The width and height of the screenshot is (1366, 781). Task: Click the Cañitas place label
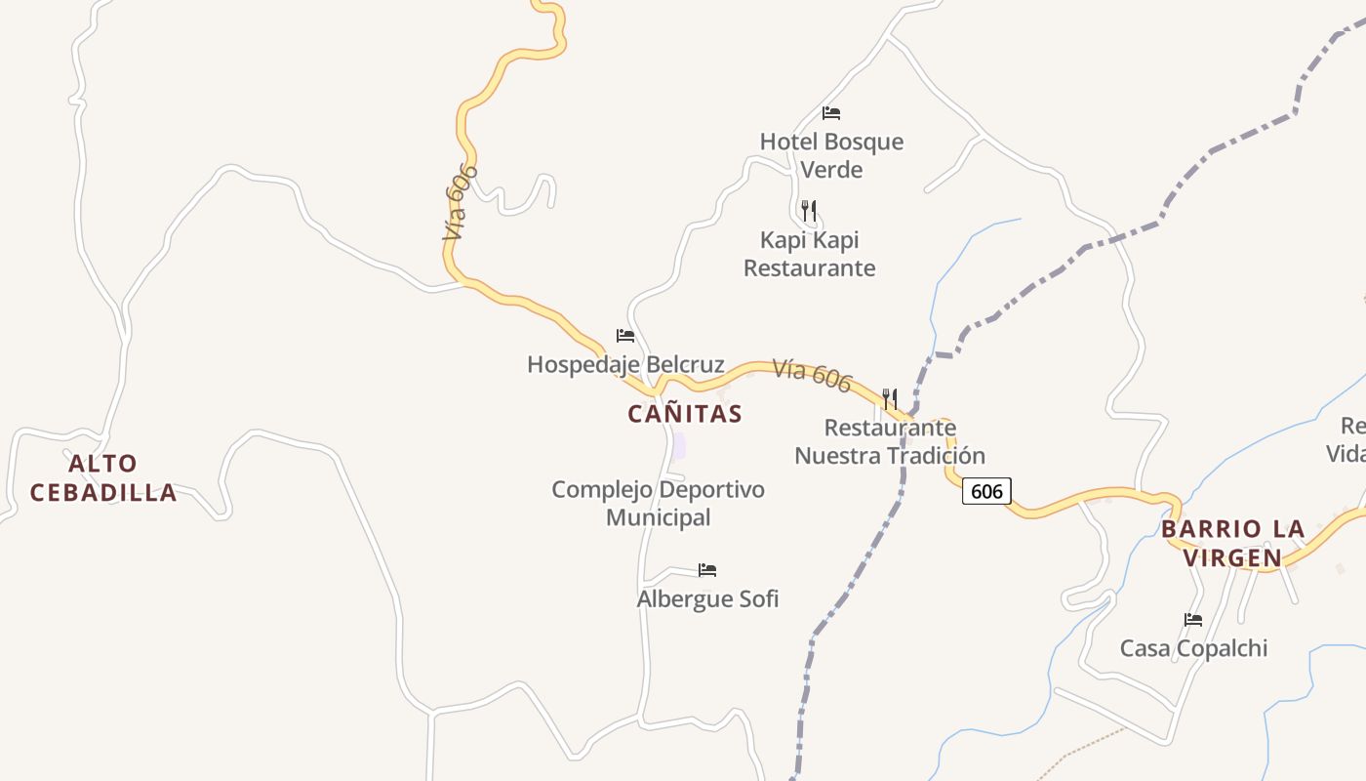[685, 414]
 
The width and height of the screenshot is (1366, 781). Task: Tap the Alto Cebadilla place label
[103, 477]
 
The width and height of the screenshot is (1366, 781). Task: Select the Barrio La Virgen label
[1232, 544]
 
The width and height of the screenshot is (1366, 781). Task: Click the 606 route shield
[986, 491]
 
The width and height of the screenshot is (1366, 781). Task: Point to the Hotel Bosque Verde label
[831, 155]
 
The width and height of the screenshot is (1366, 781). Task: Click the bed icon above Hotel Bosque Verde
[831, 113]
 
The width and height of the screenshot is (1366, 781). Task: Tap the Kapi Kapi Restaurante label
[809, 254]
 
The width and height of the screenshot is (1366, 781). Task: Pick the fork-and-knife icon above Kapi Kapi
[808, 210]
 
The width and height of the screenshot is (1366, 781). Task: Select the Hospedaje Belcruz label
[625, 365]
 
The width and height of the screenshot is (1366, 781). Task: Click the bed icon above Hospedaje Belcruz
[625, 336]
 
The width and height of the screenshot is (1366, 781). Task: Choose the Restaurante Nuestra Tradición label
[890, 441]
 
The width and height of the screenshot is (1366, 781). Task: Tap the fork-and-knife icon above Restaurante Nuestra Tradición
[890, 398]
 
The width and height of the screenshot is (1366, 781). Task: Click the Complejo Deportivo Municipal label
[658, 503]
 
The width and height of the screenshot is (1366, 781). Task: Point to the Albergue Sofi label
[707, 598]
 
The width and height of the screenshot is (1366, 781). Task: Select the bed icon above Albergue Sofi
[707, 569]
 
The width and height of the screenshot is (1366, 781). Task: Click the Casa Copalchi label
[1193, 648]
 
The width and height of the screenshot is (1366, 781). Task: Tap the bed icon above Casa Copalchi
[1193, 619]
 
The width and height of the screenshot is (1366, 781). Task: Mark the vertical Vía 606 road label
[460, 202]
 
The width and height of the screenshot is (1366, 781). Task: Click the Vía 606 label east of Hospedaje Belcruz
[813, 375]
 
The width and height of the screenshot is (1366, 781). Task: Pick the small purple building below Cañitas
[678, 447]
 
